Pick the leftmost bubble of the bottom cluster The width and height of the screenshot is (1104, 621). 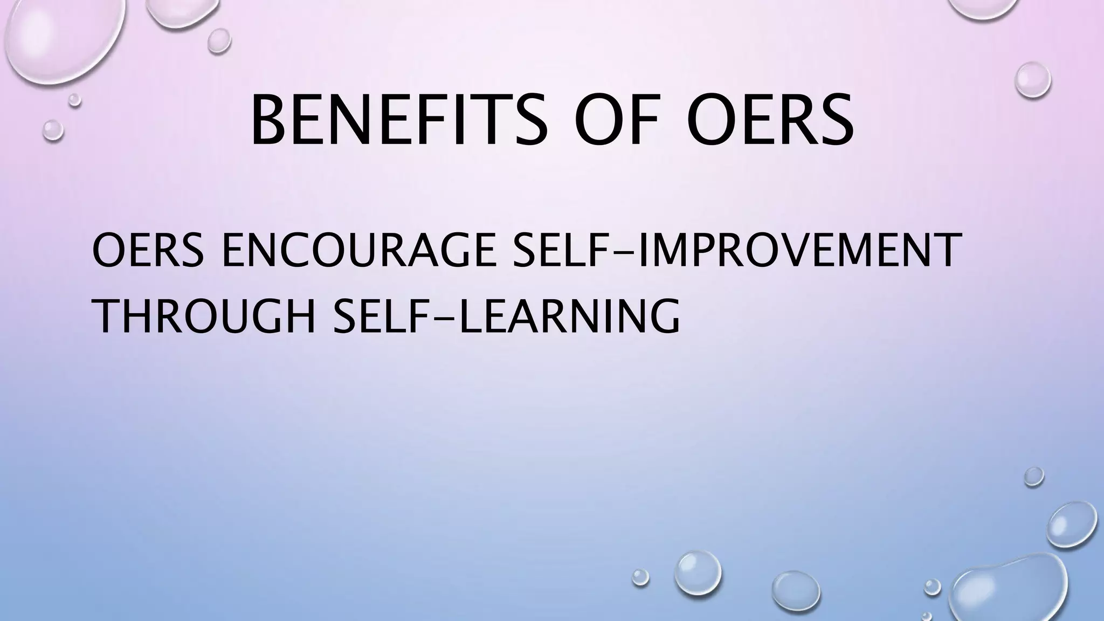(x=640, y=577)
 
